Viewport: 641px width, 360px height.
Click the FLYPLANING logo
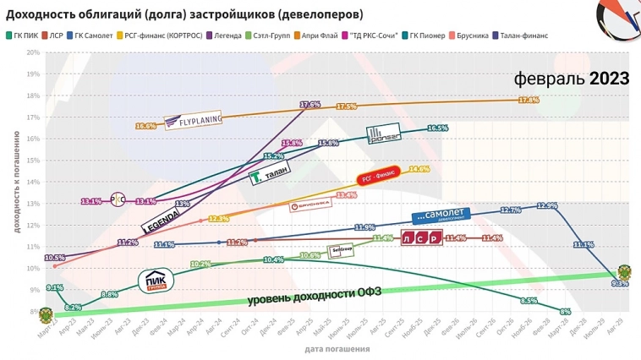pos(194,121)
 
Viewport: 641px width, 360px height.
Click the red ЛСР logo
pos(420,237)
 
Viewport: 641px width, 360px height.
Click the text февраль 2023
pos(572,79)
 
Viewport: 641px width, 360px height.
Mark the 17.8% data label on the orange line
pos(529,100)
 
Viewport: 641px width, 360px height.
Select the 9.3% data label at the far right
pos(620,284)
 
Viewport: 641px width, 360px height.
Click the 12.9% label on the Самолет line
pos(547,205)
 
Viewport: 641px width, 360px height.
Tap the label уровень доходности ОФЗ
pos(316,298)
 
